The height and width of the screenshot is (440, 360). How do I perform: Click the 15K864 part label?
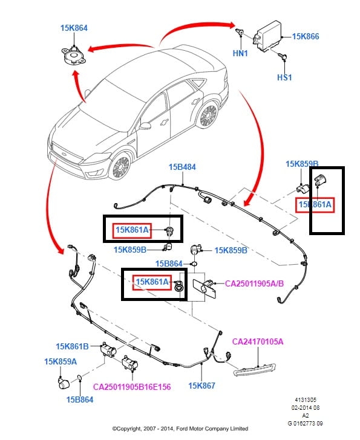(x=74, y=28)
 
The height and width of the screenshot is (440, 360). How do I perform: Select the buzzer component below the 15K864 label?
(x=73, y=56)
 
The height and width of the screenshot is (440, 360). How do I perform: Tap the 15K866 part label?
(x=306, y=36)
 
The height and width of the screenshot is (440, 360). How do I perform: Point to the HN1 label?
(x=240, y=53)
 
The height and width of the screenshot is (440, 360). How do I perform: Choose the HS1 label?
(x=284, y=77)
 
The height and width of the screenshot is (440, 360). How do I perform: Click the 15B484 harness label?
(x=182, y=167)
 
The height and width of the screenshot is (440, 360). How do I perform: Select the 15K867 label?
(x=201, y=386)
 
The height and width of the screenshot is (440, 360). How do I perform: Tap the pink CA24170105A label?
(x=258, y=341)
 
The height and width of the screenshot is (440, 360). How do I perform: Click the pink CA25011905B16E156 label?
(x=132, y=387)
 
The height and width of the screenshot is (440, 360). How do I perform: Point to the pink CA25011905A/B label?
(x=254, y=283)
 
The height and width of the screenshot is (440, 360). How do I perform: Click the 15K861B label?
(x=72, y=346)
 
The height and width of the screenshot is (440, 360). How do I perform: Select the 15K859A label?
(x=61, y=361)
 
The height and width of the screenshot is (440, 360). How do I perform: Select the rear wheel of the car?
(x=208, y=115)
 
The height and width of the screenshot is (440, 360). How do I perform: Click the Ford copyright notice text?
(x=180, y=429)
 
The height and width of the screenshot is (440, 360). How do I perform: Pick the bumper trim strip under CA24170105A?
(x=254, y=369)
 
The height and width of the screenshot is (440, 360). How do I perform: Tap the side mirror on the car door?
(x=145, y=126)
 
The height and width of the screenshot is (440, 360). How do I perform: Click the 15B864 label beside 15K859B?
(x=169, y=264)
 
